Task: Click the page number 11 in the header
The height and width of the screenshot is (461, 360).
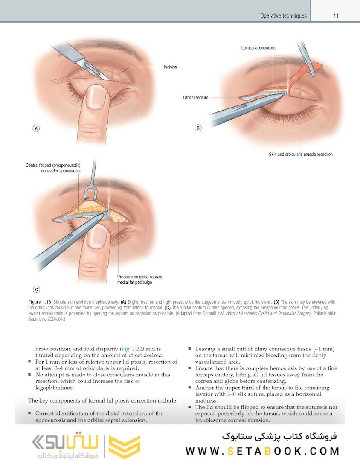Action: point(336,16)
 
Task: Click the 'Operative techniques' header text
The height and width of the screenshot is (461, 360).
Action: point(283,16)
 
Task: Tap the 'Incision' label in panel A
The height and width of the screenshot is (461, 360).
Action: point(170,67)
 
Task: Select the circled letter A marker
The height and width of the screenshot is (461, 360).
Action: point(36,128)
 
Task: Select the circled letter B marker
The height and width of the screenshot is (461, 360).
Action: point(198,128)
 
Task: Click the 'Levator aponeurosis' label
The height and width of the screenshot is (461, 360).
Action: point(258,48)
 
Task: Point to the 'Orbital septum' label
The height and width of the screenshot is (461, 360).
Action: point(195,98)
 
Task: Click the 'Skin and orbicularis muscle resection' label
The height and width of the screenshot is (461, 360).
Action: point(300,154)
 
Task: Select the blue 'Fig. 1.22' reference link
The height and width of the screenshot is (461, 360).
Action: point(132,348)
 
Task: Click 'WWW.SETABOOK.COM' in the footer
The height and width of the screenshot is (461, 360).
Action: point(262,451)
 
